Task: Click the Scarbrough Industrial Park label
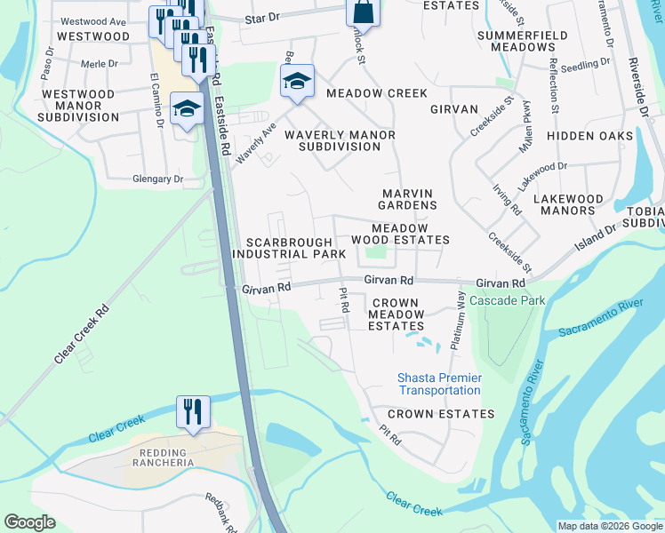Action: [288, 248]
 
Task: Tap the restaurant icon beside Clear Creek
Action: [193, 412]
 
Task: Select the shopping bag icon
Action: [362, 12]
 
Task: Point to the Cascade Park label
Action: [507, 300]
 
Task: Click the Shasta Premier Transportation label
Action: [439, 384]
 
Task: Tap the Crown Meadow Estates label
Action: [397, 314]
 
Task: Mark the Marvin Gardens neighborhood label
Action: [409, 199]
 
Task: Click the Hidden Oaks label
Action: [589, 136]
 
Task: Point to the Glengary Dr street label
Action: [157, 179]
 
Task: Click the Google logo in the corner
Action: [29, 522]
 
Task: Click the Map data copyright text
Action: [610, 526]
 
